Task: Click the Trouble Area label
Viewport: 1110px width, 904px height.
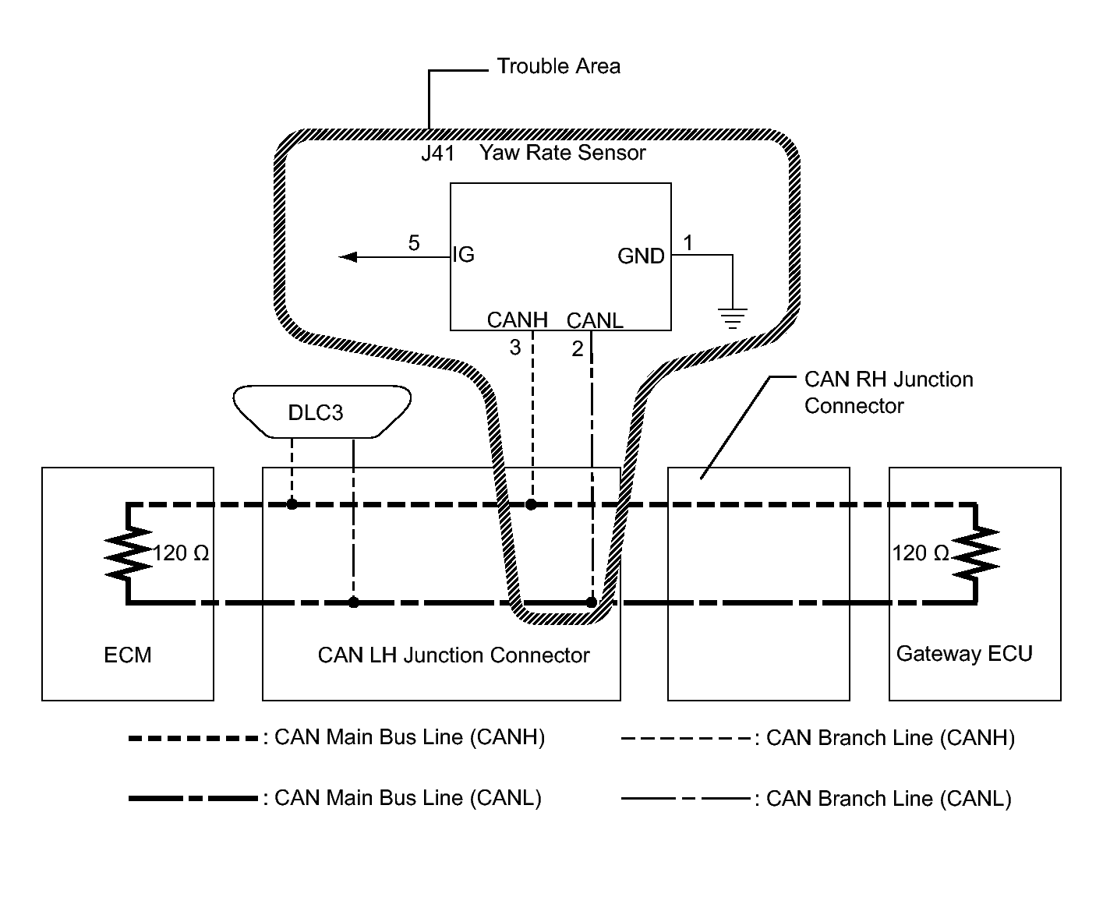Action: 558,67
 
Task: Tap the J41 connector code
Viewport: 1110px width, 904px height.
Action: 438,154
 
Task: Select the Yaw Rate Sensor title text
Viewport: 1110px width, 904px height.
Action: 562,153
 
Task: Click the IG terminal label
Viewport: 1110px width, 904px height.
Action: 463,255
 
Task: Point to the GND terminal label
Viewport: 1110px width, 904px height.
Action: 641,256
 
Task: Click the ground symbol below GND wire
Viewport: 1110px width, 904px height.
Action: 732,319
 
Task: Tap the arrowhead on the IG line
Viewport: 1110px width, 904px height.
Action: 348,257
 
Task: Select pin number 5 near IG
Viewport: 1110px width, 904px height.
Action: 414,243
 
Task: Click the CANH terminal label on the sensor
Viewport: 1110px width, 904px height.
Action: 517,320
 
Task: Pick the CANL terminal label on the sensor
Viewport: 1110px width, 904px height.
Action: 595,320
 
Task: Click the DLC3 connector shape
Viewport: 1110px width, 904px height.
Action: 321,411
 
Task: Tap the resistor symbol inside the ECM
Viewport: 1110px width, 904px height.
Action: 128,553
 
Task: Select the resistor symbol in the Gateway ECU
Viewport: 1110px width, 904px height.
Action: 976,553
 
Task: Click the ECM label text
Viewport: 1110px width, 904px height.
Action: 128,655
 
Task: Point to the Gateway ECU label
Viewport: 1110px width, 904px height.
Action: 964,654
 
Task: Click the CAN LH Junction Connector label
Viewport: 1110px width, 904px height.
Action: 454,655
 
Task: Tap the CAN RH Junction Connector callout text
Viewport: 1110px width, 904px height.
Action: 889,392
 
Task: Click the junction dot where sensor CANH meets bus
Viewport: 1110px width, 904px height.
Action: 531,504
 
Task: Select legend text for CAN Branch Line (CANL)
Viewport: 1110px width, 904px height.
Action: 889,799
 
